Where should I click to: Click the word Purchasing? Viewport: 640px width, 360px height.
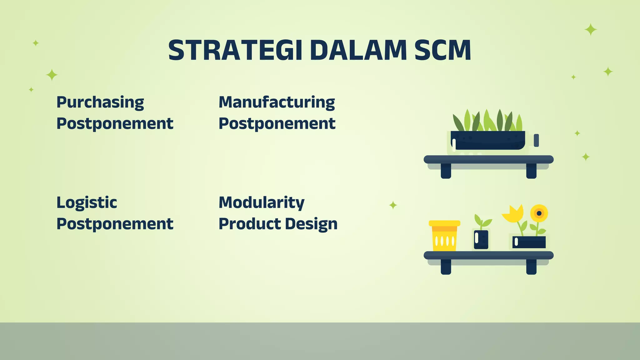100,102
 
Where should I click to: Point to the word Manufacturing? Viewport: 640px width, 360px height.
277,102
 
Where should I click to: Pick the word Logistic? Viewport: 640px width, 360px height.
87,202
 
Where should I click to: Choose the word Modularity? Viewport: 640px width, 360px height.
261,202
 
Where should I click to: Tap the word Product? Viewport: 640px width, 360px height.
249,224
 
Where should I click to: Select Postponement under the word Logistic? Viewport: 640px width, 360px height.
115,224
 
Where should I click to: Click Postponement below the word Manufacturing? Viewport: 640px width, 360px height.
277,123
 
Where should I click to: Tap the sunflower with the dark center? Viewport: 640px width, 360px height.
539,213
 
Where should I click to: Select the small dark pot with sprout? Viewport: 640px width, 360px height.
481,239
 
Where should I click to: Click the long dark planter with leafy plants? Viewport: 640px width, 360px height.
487,140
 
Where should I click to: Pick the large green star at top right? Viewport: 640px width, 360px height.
591,30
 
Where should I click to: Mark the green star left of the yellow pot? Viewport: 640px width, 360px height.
393,205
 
